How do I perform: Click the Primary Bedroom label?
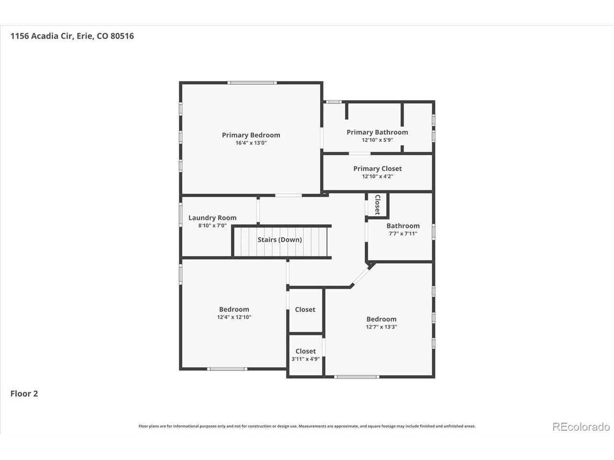coord(251,135)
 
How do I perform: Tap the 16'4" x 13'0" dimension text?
coord(251,143)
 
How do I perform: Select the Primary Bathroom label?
coord(377,132)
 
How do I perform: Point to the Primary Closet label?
coord(378,168)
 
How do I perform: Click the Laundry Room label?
coord(213,218)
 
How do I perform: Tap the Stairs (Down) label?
coord(280,240)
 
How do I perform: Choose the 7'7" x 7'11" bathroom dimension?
coord(403,233)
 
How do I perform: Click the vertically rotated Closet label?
coord(378,205)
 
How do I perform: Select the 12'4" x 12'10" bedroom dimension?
coord(234,317)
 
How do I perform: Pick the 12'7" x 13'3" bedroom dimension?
coord(381,327)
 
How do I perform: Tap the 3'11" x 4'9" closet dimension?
coord(306,359)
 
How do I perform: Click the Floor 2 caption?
coord(24,393)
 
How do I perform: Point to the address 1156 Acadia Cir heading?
coord(42,36)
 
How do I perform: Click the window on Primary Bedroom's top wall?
coord(252,83)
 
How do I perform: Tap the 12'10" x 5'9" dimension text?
coord(378,140)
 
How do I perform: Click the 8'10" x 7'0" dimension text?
coord(213,225)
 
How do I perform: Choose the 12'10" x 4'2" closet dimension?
coord(378,176)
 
